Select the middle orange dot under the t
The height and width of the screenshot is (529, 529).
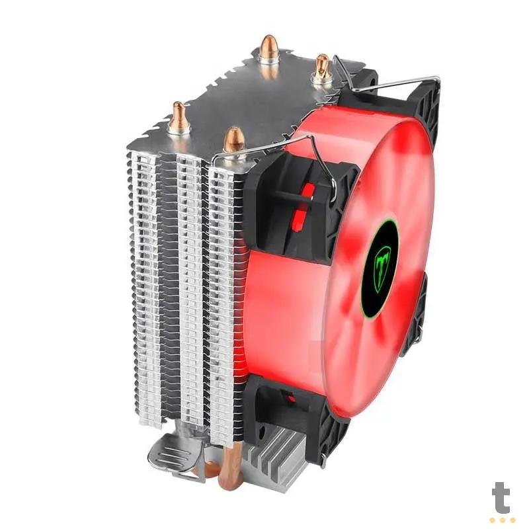click(x=502, y=520)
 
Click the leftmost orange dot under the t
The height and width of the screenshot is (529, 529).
click(x=493, y=520)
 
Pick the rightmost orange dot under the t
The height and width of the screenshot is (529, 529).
click(x=511, y=520)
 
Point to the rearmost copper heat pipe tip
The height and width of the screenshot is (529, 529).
click(x=268, y=48)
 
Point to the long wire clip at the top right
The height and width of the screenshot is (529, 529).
click(x=390, y=83)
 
